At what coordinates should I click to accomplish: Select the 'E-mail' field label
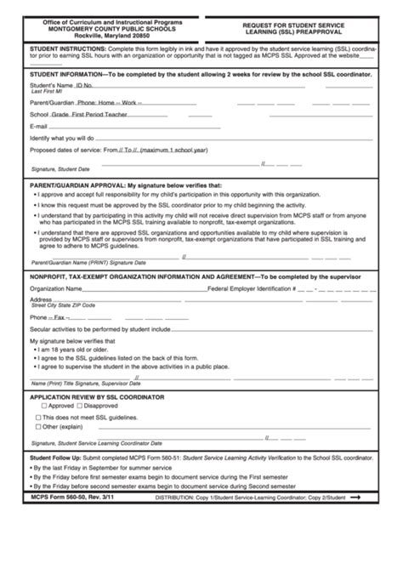40,125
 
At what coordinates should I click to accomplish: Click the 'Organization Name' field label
57,288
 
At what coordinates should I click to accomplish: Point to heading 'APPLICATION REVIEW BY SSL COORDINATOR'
97,396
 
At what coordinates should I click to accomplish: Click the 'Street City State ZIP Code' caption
63,304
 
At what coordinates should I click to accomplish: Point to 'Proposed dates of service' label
69,150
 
